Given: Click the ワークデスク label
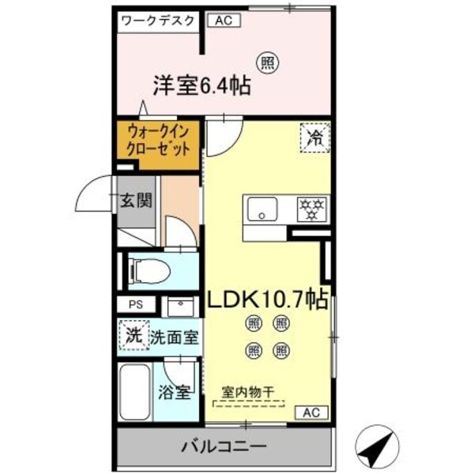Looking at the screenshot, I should click(158, 21).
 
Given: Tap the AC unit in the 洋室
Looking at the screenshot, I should click(224, 21).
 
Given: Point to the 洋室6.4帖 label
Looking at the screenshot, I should click(201, 85).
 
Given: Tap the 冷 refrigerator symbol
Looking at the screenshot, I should click(314, 137).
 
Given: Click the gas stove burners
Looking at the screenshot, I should click(310, 209).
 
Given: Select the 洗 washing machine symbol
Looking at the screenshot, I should click(133, 333).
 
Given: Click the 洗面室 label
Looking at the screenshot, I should click(175, 337).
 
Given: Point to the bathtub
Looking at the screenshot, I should click(135, 393).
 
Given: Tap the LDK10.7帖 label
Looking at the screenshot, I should click(268, 299).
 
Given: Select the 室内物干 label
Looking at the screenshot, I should click(249, 390).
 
